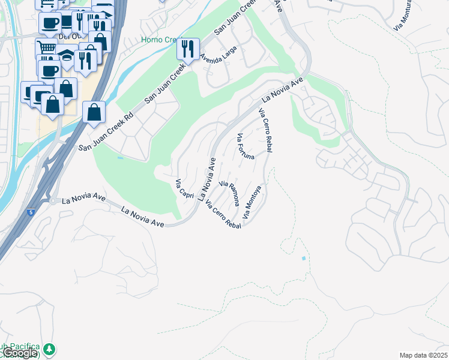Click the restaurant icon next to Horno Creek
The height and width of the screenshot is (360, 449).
[x=188, y=49]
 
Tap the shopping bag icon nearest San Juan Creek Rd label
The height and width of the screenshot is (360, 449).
[x=94, y=112]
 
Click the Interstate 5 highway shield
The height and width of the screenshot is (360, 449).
[x=31, y=212]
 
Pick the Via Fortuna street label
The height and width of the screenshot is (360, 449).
[x=246, y=146]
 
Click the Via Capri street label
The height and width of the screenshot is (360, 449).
[x=184, y=190]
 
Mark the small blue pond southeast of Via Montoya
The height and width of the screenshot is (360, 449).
[x=304, y=258]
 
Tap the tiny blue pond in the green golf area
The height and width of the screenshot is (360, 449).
[x=120, y=158]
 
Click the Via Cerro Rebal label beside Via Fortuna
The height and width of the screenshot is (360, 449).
[x=265, y=130]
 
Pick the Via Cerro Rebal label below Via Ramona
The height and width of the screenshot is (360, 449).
[x=223, y=214]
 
